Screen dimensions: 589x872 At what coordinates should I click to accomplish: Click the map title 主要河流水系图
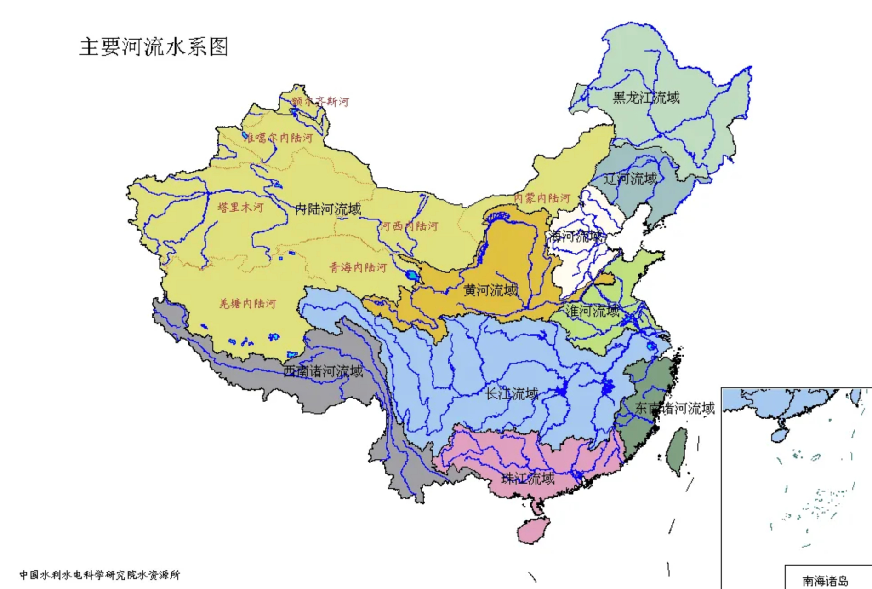(x=154, y=47)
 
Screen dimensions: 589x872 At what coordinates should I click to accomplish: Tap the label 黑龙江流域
(x=646, y=98)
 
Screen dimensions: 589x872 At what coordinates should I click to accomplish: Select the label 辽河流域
(x=630, y=179)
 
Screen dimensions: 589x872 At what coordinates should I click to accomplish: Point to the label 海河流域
(x=575, y=237)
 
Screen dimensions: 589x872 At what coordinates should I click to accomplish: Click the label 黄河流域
(x=490, y=290)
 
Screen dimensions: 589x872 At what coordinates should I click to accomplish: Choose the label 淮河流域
(x=593, y=312)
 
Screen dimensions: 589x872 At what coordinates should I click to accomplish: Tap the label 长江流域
(x=512, y=394)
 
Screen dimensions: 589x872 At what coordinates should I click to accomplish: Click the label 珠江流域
(x=528, y=479)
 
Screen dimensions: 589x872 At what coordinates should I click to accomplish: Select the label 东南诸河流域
(x=675, y=408)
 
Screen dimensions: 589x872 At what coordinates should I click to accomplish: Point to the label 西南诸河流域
(x=323, y=371)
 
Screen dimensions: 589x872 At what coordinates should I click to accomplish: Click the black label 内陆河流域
(x=328, y=210)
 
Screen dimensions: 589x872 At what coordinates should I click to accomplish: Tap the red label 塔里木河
(x=241, y=208)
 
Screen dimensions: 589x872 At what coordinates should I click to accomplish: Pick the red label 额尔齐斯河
(x=320, y=102)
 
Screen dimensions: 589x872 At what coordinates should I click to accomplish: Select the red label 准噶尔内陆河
(x=279, y=138)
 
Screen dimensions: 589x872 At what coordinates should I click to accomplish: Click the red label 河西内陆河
(x=409, y=226)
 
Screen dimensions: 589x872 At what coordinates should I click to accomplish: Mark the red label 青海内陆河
(x=359, y=267)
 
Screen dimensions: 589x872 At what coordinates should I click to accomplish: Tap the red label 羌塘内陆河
(x=248, y=304)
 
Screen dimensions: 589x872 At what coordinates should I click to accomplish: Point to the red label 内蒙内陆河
(x=542, y=198)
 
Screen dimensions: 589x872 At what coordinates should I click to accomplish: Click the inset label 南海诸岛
(x=825, y=581)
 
